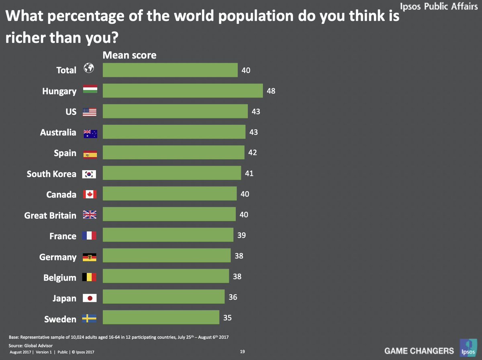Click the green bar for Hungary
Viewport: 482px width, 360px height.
183,91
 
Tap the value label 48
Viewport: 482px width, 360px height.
271,91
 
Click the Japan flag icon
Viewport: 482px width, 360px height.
90,298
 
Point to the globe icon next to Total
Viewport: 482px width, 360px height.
88,69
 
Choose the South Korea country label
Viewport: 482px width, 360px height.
51,174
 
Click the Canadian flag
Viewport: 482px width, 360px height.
90,194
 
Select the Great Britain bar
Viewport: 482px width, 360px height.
169,214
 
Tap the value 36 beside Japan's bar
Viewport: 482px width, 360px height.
233,297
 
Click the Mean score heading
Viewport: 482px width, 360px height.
130,55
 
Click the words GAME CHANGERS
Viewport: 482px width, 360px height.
419,351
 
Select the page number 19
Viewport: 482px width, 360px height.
242,352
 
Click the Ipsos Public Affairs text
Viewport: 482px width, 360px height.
439,7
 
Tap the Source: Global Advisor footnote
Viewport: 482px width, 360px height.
31,345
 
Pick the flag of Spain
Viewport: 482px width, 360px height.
90,154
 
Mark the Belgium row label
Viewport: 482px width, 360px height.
59,278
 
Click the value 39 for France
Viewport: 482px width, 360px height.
241,235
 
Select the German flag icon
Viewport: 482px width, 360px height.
90,257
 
